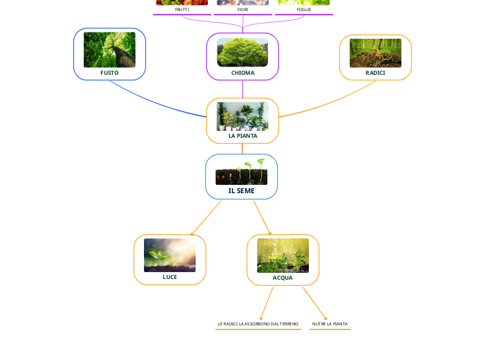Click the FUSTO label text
click(x=109, y=73)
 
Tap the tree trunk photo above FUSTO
click(x=109, y=50)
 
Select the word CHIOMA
click(x=242, y=73)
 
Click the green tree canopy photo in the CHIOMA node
click(x=242, y=52)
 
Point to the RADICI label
click(x=375, y=73)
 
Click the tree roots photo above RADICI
click(x=375, y=53)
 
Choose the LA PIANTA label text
click(x=242, y=136)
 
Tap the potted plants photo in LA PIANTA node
click(x=242, y=116)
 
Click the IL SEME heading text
click(x=241, y=190)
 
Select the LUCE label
click(x=170, y=277)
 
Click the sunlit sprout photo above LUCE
click(x=170, y=255)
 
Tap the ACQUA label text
click(x=283, y=278)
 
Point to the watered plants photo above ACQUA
click(x=283, y=255)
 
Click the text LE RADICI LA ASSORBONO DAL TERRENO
click(x=258, y=324)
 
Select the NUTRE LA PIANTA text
click(x=330, y=324)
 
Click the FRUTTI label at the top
click(x=182, y=10)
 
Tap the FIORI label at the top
click(x=242, y=10)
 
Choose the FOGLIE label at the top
click(x=303, y=10)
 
